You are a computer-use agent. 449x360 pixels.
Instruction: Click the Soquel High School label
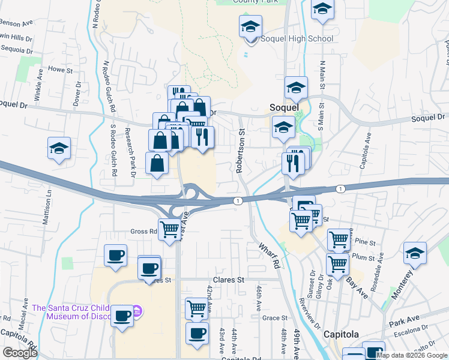click(x=297, y=39)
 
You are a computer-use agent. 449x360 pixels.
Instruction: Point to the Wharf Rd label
click(x=270, y=255)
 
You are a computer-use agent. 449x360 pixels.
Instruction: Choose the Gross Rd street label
click(x=143, y=231)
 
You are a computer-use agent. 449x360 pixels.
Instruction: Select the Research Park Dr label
click(x=129, y=152)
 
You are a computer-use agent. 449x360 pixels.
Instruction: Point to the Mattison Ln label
click(x=46, y=203)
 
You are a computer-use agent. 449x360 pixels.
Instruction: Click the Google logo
click(x=20, y=353)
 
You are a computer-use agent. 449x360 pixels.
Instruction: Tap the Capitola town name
click(x=341, y=334)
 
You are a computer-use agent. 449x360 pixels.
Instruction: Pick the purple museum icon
click(x=136, y=311)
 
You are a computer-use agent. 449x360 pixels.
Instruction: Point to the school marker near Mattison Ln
click(x=59, y=148)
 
